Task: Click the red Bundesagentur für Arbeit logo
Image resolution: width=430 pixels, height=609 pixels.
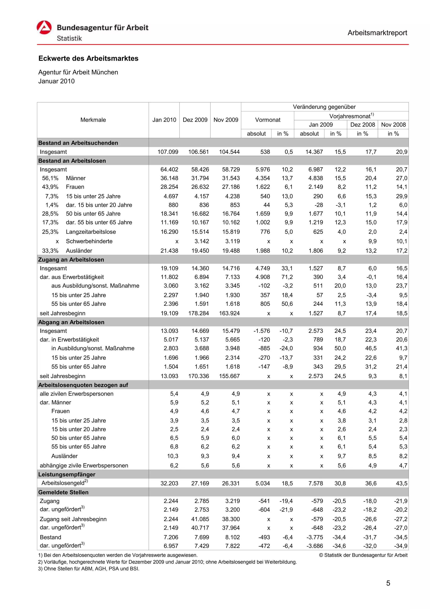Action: click(x=44, y=28)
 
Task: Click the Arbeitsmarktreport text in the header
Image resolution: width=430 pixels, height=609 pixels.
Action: click(x=377, y=33)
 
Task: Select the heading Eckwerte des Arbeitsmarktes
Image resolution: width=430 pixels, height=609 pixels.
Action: click(x=88, y=58)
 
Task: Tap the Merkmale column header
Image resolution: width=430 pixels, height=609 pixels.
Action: click(x=93, y=120)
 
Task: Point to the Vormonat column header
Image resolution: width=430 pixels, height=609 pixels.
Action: click(x=267, y=120)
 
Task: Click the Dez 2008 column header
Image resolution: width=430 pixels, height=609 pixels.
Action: click(x=362, y=125)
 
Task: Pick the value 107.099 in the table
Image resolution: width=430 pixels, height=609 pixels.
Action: click(x=168, y=152)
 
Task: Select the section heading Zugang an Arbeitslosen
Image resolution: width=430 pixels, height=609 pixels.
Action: click(x=71, y=260)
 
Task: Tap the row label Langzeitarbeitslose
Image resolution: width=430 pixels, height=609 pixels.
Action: click(x=91, y=232)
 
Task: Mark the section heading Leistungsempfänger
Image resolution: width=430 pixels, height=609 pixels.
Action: click(x=67, y=475)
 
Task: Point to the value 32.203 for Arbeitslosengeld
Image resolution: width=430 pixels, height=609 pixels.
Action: click(x=169, y=484)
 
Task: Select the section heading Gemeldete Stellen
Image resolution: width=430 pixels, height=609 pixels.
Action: click(x=63, y=492)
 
